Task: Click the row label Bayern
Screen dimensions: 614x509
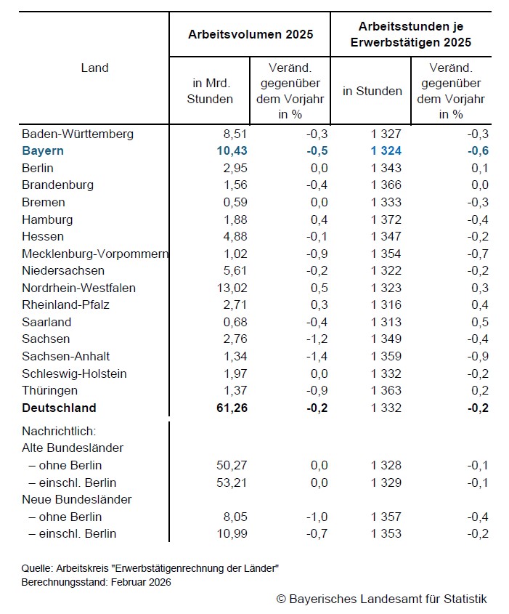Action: click(x=43, y=151)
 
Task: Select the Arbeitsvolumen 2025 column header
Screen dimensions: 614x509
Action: click(x=251, y=34)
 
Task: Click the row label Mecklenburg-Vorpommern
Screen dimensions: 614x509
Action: click(x=95, y=254)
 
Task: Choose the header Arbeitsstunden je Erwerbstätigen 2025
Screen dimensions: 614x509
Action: click(x=410, y=35)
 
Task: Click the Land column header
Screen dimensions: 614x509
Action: click(x=94, y=68)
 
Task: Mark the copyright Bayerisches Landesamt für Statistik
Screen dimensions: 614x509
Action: click(x=381, y=599)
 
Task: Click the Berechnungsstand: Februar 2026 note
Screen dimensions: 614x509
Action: click(x=97, y=583)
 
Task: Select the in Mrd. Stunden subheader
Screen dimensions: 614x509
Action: click(x=210, y=92)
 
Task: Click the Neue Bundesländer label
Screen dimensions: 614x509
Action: click(x=76, y=499)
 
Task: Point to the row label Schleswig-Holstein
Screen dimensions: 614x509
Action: click(x=74, y=373)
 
